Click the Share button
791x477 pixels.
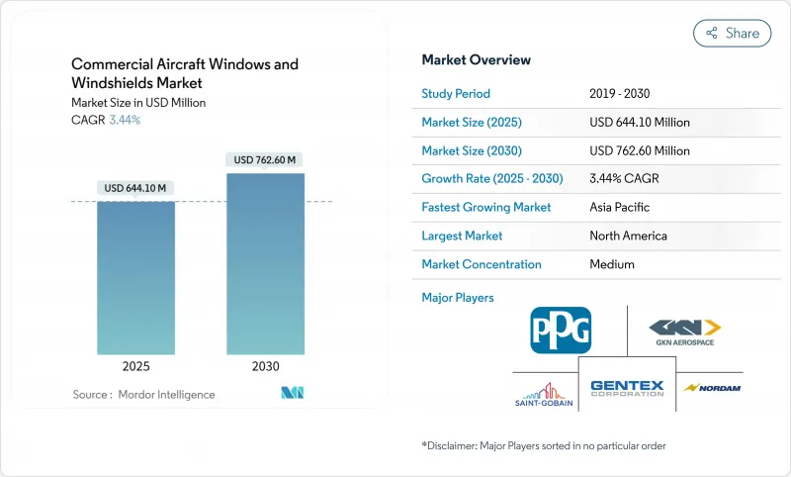tap(732, 33)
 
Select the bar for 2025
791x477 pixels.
tap(135, 277)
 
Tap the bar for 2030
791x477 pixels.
tap(265, 262)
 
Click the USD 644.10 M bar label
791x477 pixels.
tap(135, 188)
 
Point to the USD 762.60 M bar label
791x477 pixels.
tap(265, 159)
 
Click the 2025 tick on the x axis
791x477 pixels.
tap(135, 365)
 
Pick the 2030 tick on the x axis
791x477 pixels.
tap(265, 365)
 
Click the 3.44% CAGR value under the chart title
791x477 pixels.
tap(124, 120)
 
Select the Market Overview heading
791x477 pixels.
tap(476, 59)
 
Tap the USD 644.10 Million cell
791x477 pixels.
tap(639, 122)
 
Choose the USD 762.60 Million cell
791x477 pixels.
tap(639, 150)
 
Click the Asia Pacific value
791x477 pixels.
tap(620, 208)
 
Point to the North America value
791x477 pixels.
tap(628, 236)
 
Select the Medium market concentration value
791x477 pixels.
tap(611, 264)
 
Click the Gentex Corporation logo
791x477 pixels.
tap(627, 388)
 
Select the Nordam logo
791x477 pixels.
tap(710, 387)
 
